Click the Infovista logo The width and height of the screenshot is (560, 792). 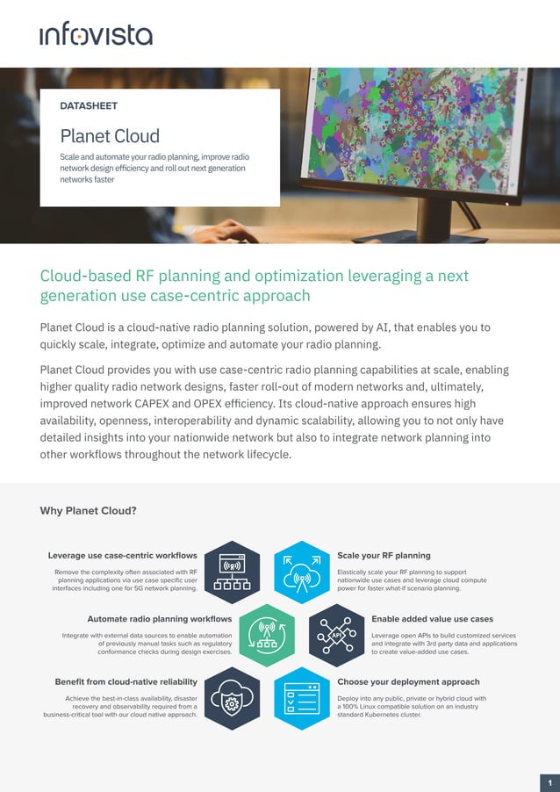point(96,33)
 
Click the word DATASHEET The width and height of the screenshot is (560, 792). point(89,106)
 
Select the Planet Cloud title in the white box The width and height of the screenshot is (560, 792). point(110,136)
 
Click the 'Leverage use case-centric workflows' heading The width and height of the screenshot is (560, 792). point(122,555)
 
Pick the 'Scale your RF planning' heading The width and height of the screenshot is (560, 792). point(384,555)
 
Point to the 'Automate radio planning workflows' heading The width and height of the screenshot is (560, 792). point(159,619)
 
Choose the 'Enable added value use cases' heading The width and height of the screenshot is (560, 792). point(432,619)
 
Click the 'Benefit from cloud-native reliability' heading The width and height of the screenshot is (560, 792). point(126,681)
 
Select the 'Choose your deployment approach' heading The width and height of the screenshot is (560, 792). point(408,681)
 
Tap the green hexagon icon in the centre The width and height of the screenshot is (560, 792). point(267,635)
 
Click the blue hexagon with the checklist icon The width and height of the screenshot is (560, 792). point(302,698)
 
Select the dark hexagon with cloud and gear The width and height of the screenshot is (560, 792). point(233,698)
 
